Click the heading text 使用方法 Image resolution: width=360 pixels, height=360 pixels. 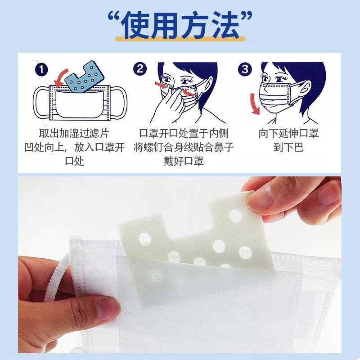click(180, 25)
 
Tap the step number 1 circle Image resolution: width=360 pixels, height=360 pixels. click(41, 70)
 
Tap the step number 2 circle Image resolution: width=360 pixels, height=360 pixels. click(140, 69)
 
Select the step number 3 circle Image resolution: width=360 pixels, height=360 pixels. click(245, 69)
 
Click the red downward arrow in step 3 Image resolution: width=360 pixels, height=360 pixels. click(255, 104)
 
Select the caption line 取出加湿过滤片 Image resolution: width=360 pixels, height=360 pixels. click(74, 134)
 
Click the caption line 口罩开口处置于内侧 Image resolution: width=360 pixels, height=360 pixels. click(183, 134)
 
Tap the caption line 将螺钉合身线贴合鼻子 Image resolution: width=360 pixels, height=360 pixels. click(183, 147)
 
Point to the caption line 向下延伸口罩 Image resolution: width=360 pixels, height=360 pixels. click(288, 134)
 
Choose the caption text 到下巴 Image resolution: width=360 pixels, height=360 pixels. click(288, 147)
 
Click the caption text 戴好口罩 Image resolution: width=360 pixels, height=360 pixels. click(183, 161)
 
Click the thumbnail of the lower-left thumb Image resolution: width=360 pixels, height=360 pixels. click(108, 310)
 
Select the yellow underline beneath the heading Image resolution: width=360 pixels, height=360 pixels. click(180, 39)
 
